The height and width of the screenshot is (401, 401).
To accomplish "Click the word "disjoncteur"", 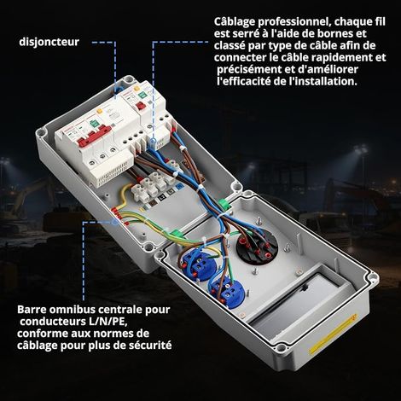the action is [x=49, y=42].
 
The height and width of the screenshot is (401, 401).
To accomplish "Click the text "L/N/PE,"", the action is [x=110, y=322].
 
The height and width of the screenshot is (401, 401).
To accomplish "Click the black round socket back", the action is [x=257, y=247].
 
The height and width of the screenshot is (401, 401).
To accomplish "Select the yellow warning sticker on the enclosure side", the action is [x=333, y=334].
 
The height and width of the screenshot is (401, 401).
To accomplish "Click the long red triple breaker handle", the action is [x=95, y=137].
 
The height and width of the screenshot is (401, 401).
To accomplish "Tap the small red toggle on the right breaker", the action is [x=141, y=106].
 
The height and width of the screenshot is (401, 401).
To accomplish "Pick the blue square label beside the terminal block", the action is [x=179, y=187].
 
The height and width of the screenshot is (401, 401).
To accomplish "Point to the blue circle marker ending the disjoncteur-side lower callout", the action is [x=114, y=222].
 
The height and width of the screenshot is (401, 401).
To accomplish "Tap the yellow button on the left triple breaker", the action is [x=99, y=111].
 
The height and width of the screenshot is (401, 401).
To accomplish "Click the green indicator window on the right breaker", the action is [x=142, y=94].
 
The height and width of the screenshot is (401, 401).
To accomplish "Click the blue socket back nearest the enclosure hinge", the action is [x=197, y=264].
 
